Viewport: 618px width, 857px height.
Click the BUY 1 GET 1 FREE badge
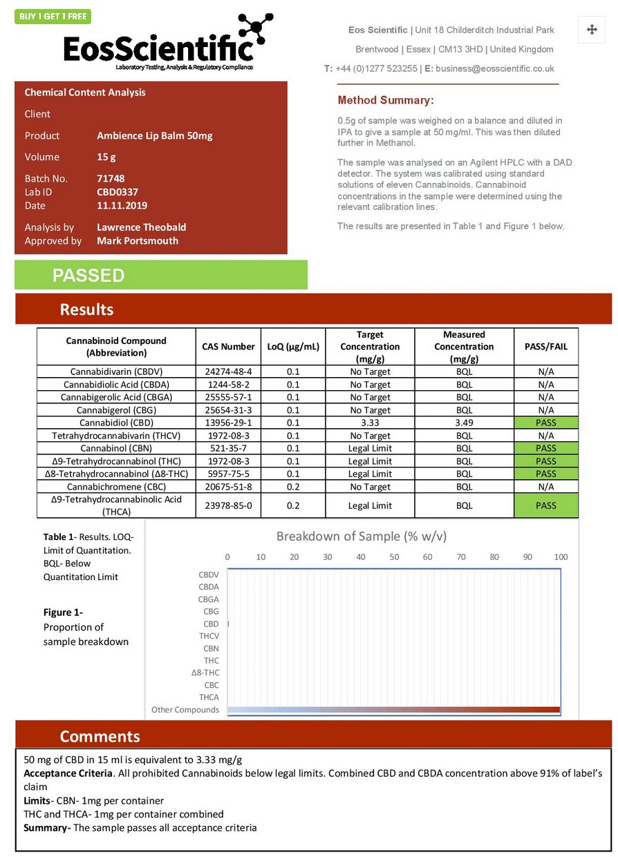(x=53, y=17)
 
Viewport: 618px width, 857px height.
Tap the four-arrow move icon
(x=592, y=30)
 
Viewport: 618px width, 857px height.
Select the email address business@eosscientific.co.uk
(x=495, y=68)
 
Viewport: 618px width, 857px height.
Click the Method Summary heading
(x=386, y=100)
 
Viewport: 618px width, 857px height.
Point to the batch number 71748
(x=111, y=178)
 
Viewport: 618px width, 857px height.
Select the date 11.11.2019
(x=122, y=205)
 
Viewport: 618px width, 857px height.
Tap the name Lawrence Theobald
(x=141, y=227)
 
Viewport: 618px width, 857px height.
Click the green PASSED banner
(x=160, y=275)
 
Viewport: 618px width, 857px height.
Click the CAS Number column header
(x=228, y=346)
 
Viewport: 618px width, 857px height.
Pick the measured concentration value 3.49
(x=464, y=423)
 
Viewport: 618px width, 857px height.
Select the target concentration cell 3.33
(x=370, y=423)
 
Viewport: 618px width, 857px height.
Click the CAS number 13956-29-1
(x=228, y=423)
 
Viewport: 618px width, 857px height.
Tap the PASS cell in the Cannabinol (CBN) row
(x=545, y=448)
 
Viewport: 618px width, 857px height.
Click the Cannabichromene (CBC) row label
(x=117, y=487)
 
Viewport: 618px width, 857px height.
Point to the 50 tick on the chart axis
(x=394, y=557)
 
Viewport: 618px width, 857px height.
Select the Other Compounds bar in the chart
(x=393, y=710)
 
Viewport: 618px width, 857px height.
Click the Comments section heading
(x=100, y=735)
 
